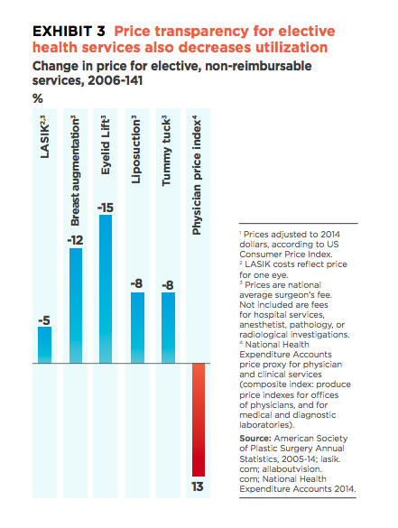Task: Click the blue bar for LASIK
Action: point(44,345)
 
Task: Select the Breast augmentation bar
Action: point(76,306)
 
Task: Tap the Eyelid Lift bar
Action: point(106,289)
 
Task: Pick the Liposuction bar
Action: point(137,328)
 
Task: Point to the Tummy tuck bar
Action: point(168,328)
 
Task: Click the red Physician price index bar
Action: point(199,420)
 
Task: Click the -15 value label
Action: point(106,208)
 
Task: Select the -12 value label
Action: point(75,240)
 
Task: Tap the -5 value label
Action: point(44,320)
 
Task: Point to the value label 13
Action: point(198,486)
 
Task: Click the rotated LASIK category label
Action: point(44,136)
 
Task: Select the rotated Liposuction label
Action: point(136,150)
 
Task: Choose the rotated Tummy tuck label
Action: point(166,152)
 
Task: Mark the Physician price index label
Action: point(197,175)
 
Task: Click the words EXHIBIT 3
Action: point(69,32)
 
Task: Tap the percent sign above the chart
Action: point(37,98)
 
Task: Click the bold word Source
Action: point(255,439)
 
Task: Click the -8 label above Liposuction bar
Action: point(136,283)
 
